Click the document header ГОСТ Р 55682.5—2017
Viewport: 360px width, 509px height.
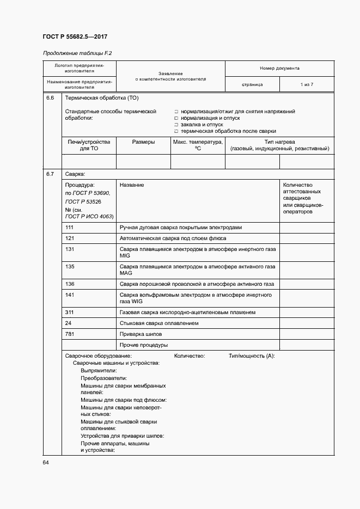click(x=75, y=36)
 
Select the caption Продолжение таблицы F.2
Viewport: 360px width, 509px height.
click(x=77, y=53)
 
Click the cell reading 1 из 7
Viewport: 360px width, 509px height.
click(x=307, y=85)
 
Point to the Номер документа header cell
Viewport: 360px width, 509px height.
click(x=279, y=69)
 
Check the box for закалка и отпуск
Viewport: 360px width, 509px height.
click(x=176, y=125)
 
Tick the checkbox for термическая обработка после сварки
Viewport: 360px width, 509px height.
click(x=176, y=131)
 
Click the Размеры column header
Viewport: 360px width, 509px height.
click(x=143, y=142)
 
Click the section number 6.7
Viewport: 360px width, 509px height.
click(x=50, y=174)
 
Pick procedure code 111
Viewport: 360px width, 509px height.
click(x=69, y=228)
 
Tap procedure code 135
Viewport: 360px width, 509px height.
click(x=69, y=266)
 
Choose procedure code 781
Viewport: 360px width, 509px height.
click(x=69, y=334)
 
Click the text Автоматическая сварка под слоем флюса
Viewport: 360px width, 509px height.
click(x=173, y=238)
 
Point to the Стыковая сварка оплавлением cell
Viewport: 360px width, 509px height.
click(x=158, y=323)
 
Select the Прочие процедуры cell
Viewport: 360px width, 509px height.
click(x=144, y=345)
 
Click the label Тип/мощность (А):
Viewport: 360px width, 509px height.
click(x=252, y=356)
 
